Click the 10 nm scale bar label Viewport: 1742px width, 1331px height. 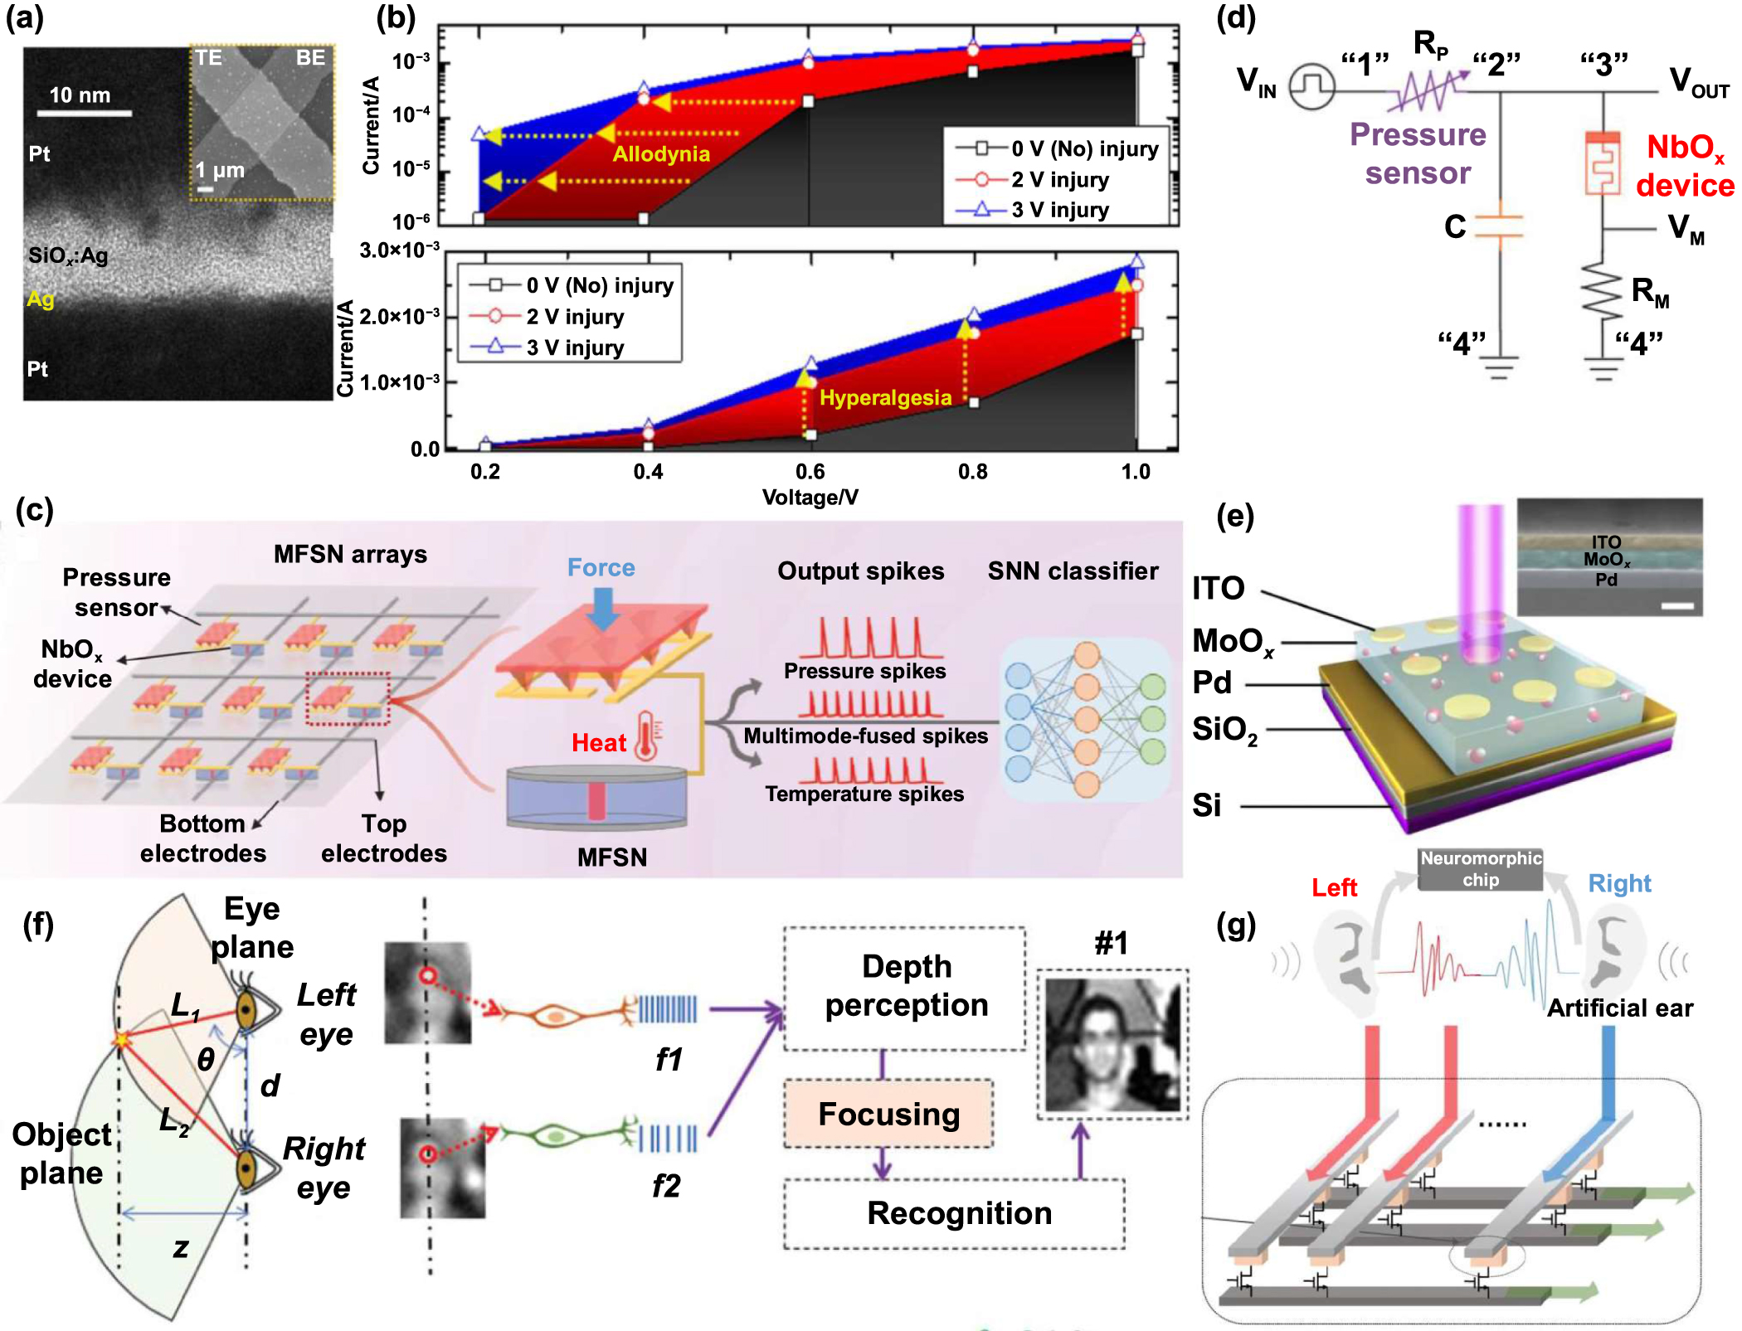pos(80,95)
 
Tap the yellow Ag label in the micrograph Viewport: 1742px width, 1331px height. pos(40,299)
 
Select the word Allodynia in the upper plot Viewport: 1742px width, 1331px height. pos(661,154)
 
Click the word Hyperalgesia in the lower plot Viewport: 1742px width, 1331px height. pos(885,398)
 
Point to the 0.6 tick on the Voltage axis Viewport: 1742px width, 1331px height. pos(810,472)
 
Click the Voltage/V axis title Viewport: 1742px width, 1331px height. pos(810,498)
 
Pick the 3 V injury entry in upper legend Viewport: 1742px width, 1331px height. pos(1058,210)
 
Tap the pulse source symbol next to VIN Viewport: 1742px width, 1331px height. pos(1312,86)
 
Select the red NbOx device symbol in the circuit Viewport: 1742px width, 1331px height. pos(1602,163)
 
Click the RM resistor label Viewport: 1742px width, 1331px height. pos(1650,292)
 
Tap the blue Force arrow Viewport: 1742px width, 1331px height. pos(603,607)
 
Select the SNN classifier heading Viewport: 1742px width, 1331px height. pos(1073,571)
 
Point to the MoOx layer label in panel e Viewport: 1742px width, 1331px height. pos(1232,642)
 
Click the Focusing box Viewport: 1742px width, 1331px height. pos(888,1114)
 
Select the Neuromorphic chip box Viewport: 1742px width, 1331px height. pos(1480,869)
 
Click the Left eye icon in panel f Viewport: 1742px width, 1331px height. pos(247,1010)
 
